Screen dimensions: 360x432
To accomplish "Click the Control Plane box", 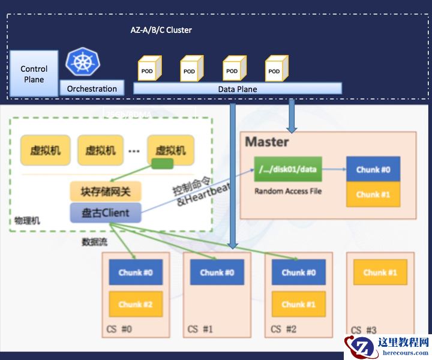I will [34, 74].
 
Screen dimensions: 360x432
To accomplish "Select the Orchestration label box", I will [92, 89].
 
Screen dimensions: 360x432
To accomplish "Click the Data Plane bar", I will [237, 89].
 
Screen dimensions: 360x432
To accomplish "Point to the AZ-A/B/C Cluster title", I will [161, 30].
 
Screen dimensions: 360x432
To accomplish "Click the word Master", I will [267, 142].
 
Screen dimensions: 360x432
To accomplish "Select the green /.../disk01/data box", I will [287, 170].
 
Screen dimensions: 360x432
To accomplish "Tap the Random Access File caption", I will [288, 191].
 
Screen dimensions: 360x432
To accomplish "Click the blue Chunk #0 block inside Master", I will [373, 170].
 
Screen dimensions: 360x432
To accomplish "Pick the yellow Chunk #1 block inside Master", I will [373, 194].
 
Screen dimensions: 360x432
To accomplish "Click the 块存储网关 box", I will [105, 191].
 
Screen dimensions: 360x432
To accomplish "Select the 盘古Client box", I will [105, 212].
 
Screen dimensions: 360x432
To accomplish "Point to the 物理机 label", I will [27, 221].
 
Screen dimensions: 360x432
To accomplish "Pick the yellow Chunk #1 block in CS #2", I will [298, 304].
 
